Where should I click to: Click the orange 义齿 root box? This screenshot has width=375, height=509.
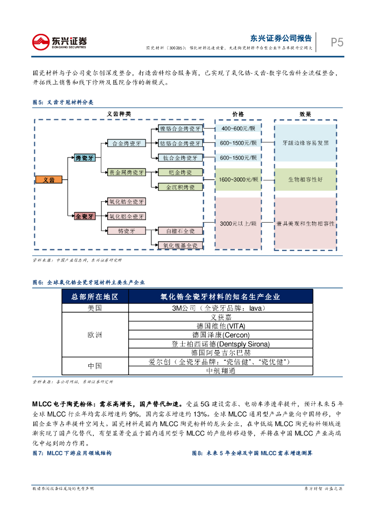pyautogui.click(x=49, y=180)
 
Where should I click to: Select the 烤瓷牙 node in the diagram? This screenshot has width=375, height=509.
pyautogui.click(x=84, y=158)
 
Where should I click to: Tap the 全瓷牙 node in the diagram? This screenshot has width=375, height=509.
pyautogui.click(x=84, y=216)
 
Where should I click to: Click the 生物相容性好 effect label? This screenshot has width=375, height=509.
pyautogui.click(x=305, y=179)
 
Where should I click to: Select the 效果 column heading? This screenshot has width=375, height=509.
pyautogui.click(x=305, y=114)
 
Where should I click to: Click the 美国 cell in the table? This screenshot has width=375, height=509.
pyautogui.click(x=94, y=308)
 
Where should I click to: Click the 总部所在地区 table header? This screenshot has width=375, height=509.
pyautogui.click(x=94, y=297)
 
